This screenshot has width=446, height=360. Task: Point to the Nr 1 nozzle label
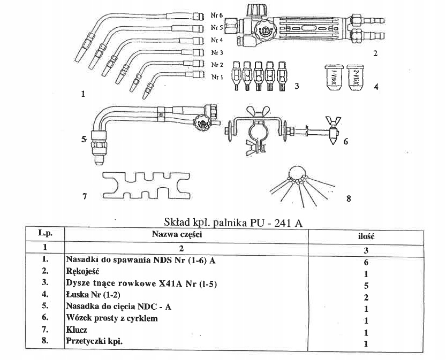pos(216,77)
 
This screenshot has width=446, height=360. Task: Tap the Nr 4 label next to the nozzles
pos(216,41)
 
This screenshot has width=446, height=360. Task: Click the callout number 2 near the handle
pos(375,53)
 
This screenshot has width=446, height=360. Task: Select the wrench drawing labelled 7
pos(145,185)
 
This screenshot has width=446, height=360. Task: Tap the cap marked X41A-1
pos(332,79)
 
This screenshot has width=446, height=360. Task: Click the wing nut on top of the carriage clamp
pos(256,113)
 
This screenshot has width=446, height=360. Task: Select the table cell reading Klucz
pos(77,331)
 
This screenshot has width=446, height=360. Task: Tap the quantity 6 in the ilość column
pos(366,262)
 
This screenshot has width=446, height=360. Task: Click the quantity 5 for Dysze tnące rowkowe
pos(366,285)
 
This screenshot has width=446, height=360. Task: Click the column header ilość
pos(366,235)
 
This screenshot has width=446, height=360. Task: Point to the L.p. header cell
pos(44,233)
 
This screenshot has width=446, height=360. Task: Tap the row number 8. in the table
pos(46,341)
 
